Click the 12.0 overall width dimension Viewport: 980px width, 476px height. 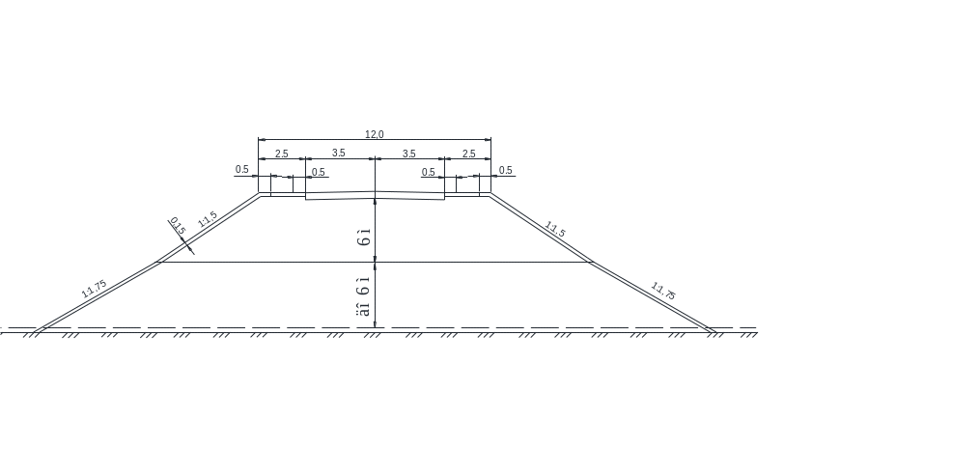375,134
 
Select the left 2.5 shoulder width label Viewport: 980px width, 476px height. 282,154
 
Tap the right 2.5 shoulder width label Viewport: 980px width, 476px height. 469,154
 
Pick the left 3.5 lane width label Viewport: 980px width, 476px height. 339,154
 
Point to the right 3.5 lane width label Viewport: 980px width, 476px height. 409,154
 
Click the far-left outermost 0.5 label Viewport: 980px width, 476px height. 242,170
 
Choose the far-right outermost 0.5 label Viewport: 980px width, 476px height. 506,171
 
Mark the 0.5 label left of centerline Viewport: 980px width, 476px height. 319,172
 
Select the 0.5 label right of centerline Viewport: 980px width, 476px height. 429,172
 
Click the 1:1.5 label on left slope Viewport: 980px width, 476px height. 208,221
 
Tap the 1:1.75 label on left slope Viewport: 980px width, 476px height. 94,288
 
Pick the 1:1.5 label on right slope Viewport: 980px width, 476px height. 555,230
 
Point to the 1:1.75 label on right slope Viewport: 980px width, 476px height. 663,288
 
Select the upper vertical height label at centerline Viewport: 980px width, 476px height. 364,238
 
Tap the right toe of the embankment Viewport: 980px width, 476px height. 714,331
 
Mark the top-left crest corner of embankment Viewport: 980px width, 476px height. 260,194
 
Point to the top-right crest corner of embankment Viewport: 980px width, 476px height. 490,194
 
